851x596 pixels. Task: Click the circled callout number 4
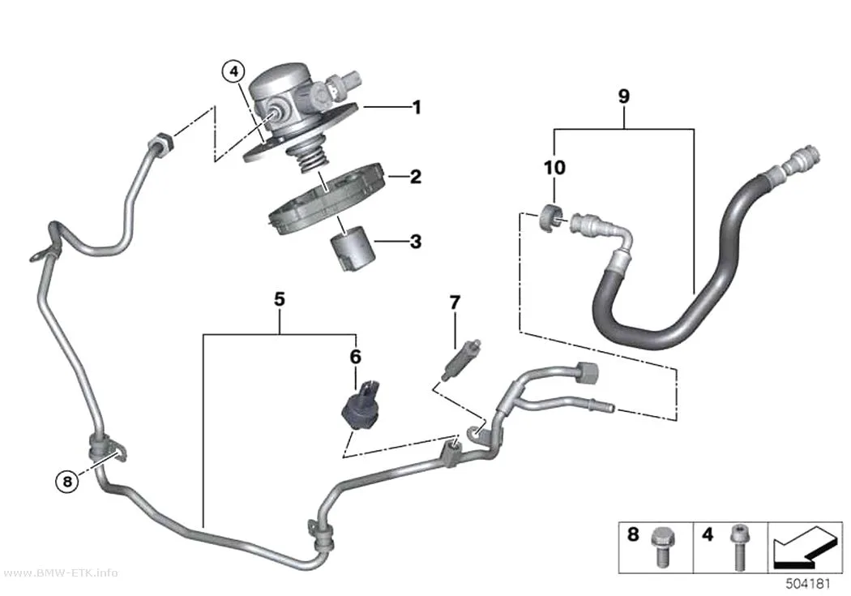coord(233,71)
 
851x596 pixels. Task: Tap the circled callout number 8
coord(67,481)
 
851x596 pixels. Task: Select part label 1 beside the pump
coord(417,108)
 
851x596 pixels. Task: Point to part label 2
coord(416,177)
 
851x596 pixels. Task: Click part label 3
coord(416,242)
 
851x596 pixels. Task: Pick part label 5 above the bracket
coord(280,299)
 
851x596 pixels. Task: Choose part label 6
coord(356,357)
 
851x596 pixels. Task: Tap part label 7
coord(455,302)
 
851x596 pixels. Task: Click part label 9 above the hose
coord(624,96)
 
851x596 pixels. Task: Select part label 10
coord(554,168)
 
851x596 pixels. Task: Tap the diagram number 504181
coord(808,584)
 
